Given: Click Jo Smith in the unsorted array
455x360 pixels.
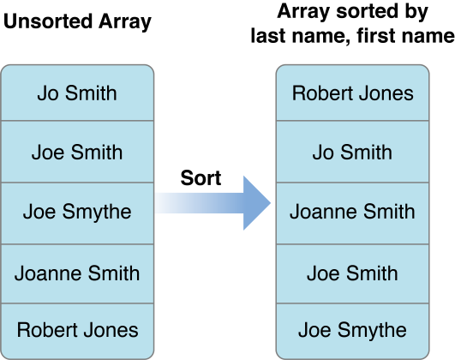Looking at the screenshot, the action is [77, 93].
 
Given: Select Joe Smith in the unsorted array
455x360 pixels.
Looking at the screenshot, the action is [77, 152].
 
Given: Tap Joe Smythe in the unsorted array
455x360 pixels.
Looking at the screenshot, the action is [77, 212].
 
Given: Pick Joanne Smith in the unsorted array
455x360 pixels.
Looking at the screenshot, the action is [77, 273].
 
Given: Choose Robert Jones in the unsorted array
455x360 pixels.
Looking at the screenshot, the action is [77, 330].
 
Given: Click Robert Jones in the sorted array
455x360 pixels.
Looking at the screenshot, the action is [352, 93].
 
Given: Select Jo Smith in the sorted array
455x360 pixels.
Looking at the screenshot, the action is [352, 152].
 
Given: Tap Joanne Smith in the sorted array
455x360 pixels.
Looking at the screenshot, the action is [352, 212].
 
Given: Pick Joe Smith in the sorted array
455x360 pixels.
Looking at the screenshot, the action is [352, 273].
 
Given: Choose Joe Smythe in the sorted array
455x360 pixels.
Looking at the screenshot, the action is [352, 331].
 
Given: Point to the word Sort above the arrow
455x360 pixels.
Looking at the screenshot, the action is [201, 177].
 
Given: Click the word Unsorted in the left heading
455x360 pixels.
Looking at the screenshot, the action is [48, 21].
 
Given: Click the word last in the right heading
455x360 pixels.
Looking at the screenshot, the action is [269, 35].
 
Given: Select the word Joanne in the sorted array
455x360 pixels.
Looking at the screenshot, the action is [323, 212].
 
